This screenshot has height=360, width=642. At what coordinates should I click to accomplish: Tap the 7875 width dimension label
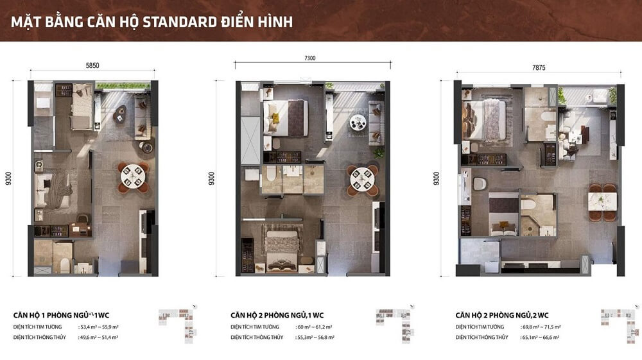point(539,67)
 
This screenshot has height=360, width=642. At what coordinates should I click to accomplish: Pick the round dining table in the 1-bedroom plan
point(134,175)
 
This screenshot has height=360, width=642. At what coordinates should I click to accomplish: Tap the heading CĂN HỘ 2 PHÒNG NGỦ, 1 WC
point(277,315)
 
